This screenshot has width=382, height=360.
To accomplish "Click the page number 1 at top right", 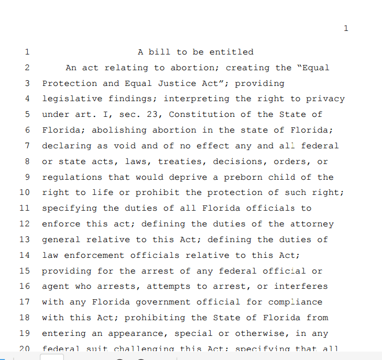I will [345, 28].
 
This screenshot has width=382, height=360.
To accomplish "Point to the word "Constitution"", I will [202, 114].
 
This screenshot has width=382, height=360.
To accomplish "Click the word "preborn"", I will [243, 177].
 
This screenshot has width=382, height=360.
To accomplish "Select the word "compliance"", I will [295, 302].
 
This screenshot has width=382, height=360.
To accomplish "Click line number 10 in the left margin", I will [25, 192].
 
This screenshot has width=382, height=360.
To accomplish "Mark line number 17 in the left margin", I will [25, 302].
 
